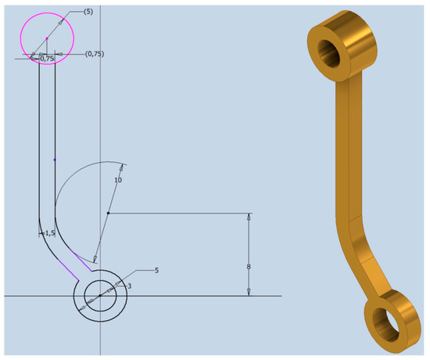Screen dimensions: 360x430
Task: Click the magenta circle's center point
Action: point(47,38)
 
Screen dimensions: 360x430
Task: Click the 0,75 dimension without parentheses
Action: point(47,58)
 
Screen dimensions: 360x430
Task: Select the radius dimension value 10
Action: point(118,180)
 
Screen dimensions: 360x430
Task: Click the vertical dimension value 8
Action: point(249,267)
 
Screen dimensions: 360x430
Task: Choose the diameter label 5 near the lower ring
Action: point(157,270)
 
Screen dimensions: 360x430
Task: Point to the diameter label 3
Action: point(129,286)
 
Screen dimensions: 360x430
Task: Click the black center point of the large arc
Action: point(108,213)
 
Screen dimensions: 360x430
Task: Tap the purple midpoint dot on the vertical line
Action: point(54,160)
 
